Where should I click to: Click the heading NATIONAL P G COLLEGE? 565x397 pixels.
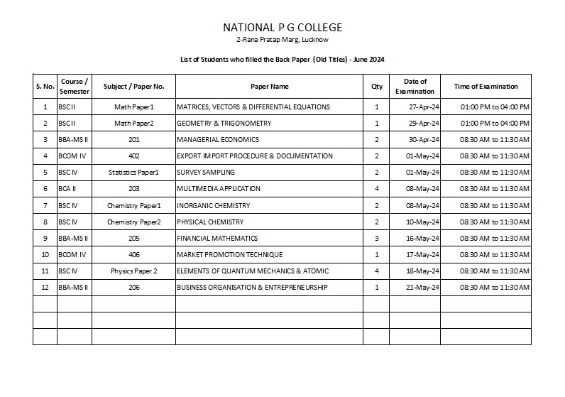click(x=282, y=28)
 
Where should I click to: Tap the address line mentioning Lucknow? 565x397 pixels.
click(x=282, y=40)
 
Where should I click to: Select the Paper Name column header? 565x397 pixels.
click(x=269, y=87)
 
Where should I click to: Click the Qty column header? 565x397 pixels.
click(x=376, y=87)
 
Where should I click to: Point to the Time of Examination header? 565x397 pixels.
click(x=486, y=87)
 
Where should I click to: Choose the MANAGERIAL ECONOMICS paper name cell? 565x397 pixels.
click(x=217, y=140)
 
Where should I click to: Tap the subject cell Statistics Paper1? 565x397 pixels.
click(x=133, y=173)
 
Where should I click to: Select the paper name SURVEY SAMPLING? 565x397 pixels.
click(x=205, y=173)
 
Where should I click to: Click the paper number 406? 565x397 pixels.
click(x=133, y=255)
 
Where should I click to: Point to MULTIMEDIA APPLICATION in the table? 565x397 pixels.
click(x=218, y=189)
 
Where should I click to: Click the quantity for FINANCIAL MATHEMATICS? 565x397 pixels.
click(x=376, y=239)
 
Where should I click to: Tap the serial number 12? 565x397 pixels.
click(x=45, y=288)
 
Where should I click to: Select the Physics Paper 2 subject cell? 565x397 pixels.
click(x=133, y=271)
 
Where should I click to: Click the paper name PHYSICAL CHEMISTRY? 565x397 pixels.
click(x=209, y=222)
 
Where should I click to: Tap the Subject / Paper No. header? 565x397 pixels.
click(x=133, y=87)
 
